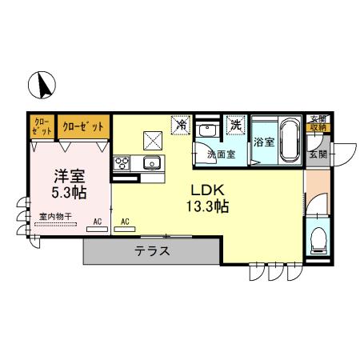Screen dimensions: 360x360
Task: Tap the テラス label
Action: click(x=152, y=250)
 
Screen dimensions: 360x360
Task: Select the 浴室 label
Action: click(x=263, y=142)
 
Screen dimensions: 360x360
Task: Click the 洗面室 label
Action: click(x=220, y=154)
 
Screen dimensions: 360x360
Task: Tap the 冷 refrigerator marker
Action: click(x=182, y=126)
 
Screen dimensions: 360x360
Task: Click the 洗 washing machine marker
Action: click(x=235, y=125)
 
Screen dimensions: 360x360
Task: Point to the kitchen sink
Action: click(x=152, y=163)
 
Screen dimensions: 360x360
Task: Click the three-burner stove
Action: click(x=123, y=163)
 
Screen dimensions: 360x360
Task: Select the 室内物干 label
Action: click(x=54, y=216)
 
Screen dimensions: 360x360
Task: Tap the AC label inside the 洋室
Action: click(x=97, y=221)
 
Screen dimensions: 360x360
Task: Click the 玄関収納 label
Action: click(x=318, y=122)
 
